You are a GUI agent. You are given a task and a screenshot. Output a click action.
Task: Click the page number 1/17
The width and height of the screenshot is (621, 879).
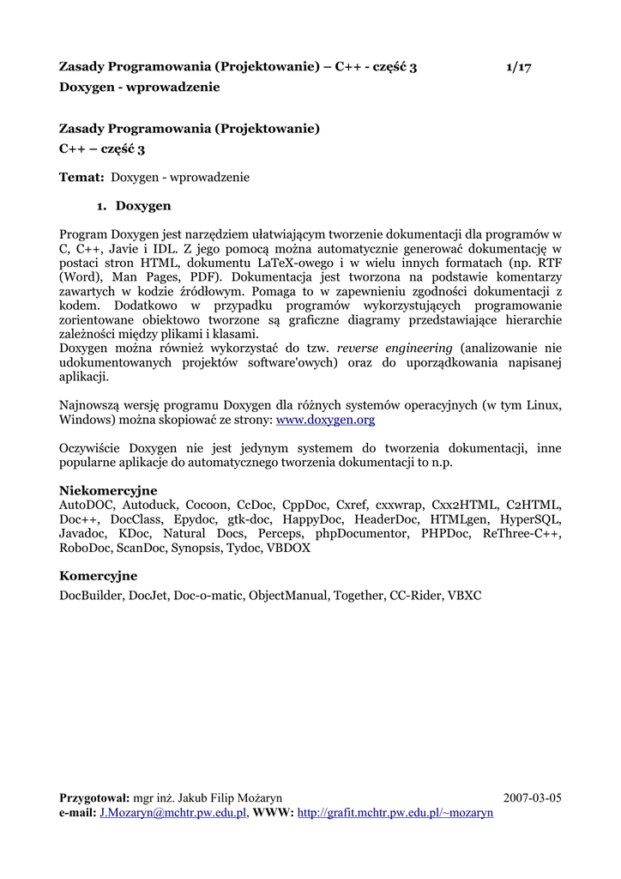click(519, 67)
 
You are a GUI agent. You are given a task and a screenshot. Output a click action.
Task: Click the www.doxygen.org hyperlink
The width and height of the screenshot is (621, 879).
click(325, 421)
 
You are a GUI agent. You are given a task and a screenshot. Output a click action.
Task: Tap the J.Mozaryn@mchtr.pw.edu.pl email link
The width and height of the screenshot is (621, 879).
click(173, 812)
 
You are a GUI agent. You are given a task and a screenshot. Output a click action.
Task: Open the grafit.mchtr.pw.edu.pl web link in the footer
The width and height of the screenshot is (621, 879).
click(395, 812)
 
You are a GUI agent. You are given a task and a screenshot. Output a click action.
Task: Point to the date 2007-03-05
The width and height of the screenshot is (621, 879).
click(532, 797)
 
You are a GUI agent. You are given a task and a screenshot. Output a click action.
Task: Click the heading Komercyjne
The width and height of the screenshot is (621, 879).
click(98, 575)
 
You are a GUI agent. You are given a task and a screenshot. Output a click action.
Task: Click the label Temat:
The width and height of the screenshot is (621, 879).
click(81, 178)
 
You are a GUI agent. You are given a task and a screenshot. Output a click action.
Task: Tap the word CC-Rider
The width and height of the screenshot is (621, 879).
click(414, 594)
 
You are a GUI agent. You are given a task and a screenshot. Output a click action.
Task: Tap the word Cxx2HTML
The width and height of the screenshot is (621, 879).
click(466, 505)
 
